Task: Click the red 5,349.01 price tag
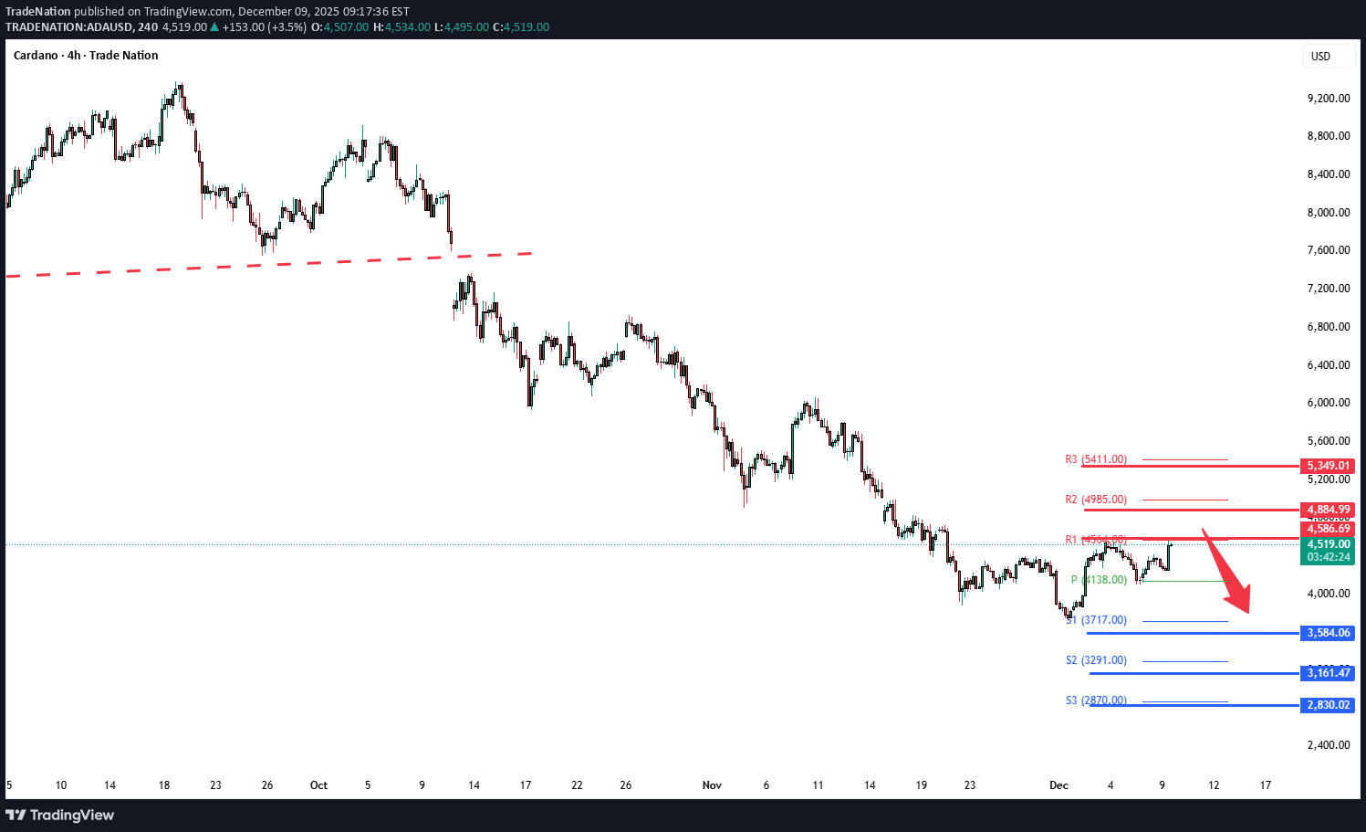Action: pyautogui.click(x=1328, y=466)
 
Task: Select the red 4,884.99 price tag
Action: pyautogui.click(x=1328, y=510)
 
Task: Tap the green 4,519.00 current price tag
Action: pyautogui.click(x=1328, y=544)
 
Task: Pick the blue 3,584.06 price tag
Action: pyautogui.click(x=1328, y=633)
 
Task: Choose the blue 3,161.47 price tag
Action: pyautogui.click(x=1328, y=673)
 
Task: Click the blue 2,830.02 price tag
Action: pyautogui.click(x=1328, y=705)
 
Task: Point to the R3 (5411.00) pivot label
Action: pyautogui.click(x=1096, y=459)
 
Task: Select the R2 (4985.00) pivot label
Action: pyautogui.click(x=1096, y=500)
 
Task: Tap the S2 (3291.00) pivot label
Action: pyautogui.click(x=1096, y=660)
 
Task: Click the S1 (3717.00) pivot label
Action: pyautogui.click(x=1096, y=620)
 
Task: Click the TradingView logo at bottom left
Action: pyautogui.click(x=60, y=815)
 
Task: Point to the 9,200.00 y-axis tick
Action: pyautogui.click(x=1328, y=99)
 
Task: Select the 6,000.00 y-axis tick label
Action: pyautogui.click(x=1328, y=403)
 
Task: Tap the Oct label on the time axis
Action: pyautogui.click(x=318, y=785)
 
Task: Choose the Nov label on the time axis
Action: pyautogui.click(x=712, y=785)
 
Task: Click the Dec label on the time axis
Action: pyautogui.click(x=1058, y=785)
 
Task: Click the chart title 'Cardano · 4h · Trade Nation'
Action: pyautogui.click(x=86, y=56)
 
